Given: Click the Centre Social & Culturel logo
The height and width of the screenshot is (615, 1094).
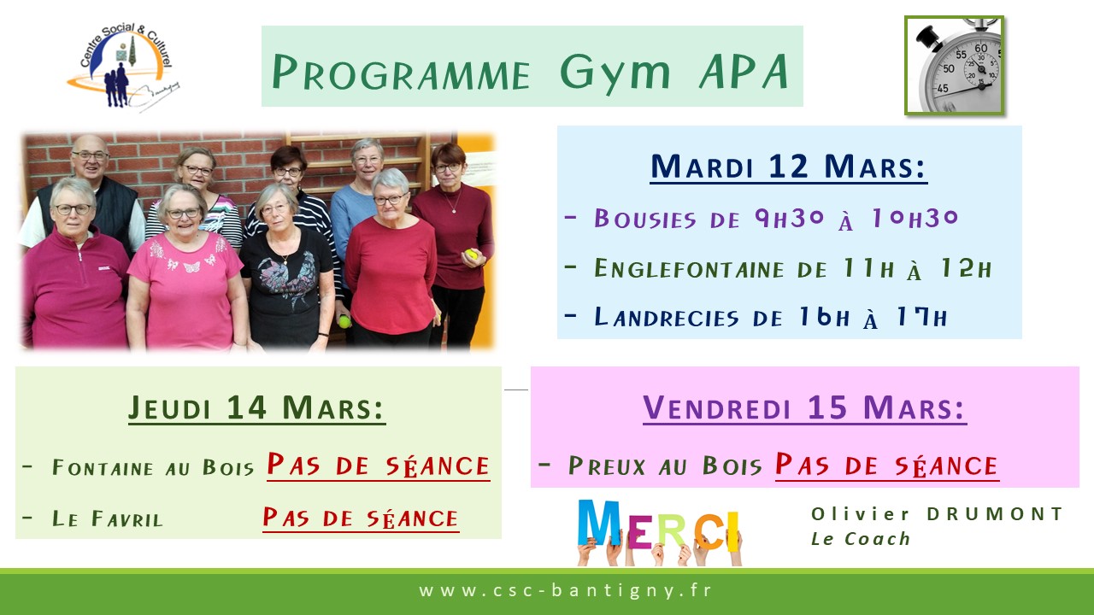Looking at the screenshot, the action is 125,67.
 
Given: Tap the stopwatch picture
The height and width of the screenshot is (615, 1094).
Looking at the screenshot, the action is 955,66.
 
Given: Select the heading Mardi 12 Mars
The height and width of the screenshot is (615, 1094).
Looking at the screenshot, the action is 788,167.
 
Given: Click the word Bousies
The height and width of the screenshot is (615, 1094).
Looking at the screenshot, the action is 645,219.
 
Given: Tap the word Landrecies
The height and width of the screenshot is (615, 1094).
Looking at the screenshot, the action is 666,317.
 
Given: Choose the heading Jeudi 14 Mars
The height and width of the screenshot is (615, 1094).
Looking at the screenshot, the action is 257,408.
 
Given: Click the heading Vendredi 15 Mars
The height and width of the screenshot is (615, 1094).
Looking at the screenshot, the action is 804,408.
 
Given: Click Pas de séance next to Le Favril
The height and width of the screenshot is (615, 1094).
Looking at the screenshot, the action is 361,518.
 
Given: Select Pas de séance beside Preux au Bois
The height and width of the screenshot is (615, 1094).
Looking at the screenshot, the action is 887,466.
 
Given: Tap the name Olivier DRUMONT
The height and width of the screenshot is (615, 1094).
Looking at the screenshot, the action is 938,514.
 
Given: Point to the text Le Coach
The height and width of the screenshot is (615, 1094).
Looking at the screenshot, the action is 861,539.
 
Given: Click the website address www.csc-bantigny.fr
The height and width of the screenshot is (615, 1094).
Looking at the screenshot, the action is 565,590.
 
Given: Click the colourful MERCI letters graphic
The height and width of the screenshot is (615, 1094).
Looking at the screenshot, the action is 659,532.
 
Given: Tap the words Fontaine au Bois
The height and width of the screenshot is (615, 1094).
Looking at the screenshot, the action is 153,467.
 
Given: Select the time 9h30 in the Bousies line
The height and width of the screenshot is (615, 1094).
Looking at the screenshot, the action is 790,218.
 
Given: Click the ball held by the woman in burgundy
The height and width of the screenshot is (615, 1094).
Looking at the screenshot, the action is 471,255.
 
